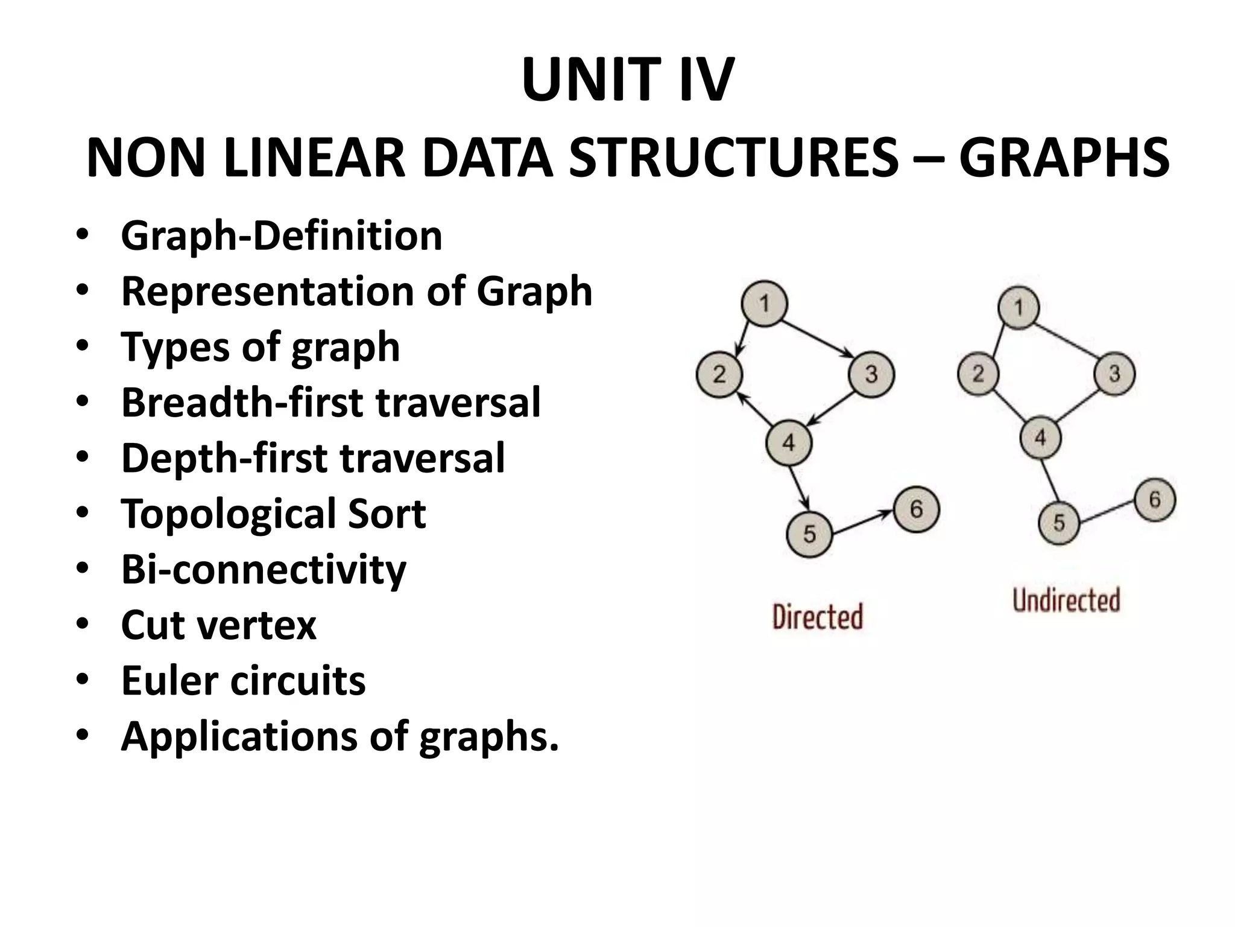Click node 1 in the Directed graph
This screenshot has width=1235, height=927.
tap(764, 304)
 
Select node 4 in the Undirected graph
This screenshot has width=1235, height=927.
tap(1040, 437)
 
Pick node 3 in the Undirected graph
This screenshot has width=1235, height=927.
tap(1114, 374)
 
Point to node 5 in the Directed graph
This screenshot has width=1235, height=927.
tap(809, 534)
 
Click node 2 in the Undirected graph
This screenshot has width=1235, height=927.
tap(978, 374)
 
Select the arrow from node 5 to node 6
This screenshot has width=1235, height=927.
tap(862, 521)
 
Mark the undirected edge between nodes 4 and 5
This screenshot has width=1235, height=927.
tap(1050, 480)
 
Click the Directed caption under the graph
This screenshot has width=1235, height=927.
tap(817, 617)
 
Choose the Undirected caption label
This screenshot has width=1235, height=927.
tap(1066, 600)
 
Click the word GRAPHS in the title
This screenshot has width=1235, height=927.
tap(1064, 158)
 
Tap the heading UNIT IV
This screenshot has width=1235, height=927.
tap(628, 80)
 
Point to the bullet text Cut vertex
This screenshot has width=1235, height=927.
tap(218, 625)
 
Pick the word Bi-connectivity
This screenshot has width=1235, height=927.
tap(264, 570)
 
